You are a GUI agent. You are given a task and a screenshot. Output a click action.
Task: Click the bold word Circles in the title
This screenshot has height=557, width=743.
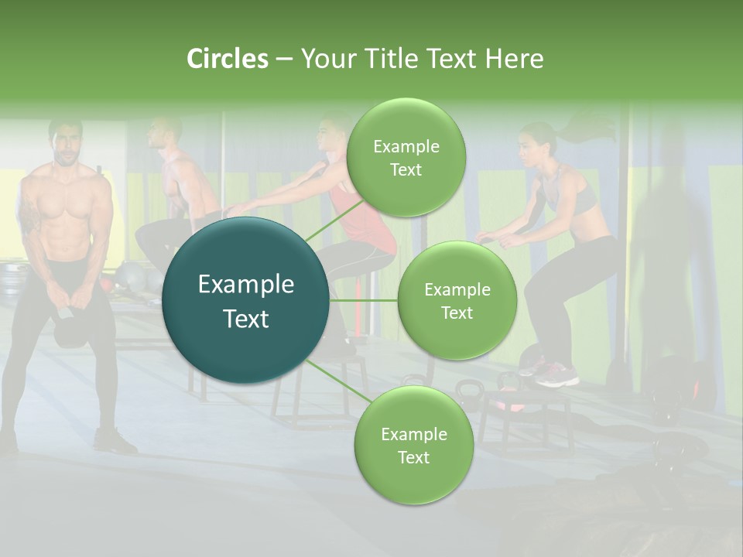228,59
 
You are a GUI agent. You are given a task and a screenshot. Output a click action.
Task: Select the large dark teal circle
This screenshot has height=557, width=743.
246,301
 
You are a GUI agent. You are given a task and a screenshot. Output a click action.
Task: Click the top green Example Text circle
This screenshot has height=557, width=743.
406,158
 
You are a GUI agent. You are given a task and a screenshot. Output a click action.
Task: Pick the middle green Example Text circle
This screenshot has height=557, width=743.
457,301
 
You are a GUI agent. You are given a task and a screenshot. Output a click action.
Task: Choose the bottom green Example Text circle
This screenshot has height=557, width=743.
413,446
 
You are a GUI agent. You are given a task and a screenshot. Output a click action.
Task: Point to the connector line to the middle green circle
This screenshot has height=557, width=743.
364,300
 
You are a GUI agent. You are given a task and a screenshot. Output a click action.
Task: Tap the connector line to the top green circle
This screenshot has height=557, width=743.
333,221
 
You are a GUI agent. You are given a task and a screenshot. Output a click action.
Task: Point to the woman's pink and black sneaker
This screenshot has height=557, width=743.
556,376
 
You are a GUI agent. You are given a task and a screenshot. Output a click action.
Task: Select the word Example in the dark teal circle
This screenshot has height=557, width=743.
246,285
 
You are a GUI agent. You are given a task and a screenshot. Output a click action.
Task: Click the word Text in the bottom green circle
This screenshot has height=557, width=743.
413,457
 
